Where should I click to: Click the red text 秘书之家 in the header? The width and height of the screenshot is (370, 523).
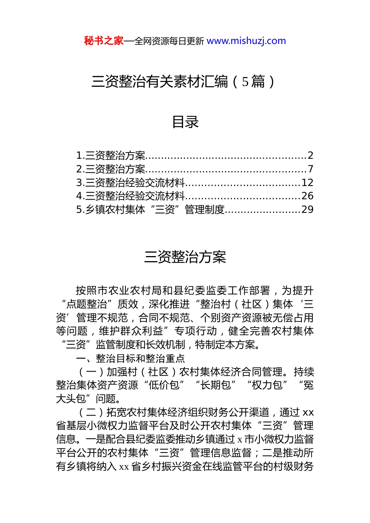tap(104, 41)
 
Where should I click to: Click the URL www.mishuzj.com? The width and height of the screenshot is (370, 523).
tap(246, 41)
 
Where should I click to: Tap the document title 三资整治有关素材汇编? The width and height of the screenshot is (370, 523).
tap(160, 82)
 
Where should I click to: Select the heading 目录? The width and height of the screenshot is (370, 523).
tap(185, 122)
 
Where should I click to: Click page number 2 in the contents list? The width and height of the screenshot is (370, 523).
tap(310, 156)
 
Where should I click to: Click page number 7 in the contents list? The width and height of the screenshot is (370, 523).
tap(310, 169)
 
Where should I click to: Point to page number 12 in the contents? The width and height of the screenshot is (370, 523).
tap(307, 183)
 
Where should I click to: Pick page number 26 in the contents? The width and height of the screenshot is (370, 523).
tap(307, 196)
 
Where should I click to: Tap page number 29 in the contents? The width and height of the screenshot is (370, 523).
tap(307, 210)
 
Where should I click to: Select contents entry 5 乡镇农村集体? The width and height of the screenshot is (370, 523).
tap(150, 210)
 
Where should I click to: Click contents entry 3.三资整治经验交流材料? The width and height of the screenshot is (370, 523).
tap(130, 183)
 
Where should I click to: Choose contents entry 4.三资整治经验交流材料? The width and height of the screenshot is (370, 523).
tap(130, 196)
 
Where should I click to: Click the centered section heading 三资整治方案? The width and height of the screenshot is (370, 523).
tap(185, 257)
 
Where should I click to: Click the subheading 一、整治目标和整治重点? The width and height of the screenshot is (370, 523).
tap(130, 358)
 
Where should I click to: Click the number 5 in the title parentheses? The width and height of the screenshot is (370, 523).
tap(245, 82)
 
